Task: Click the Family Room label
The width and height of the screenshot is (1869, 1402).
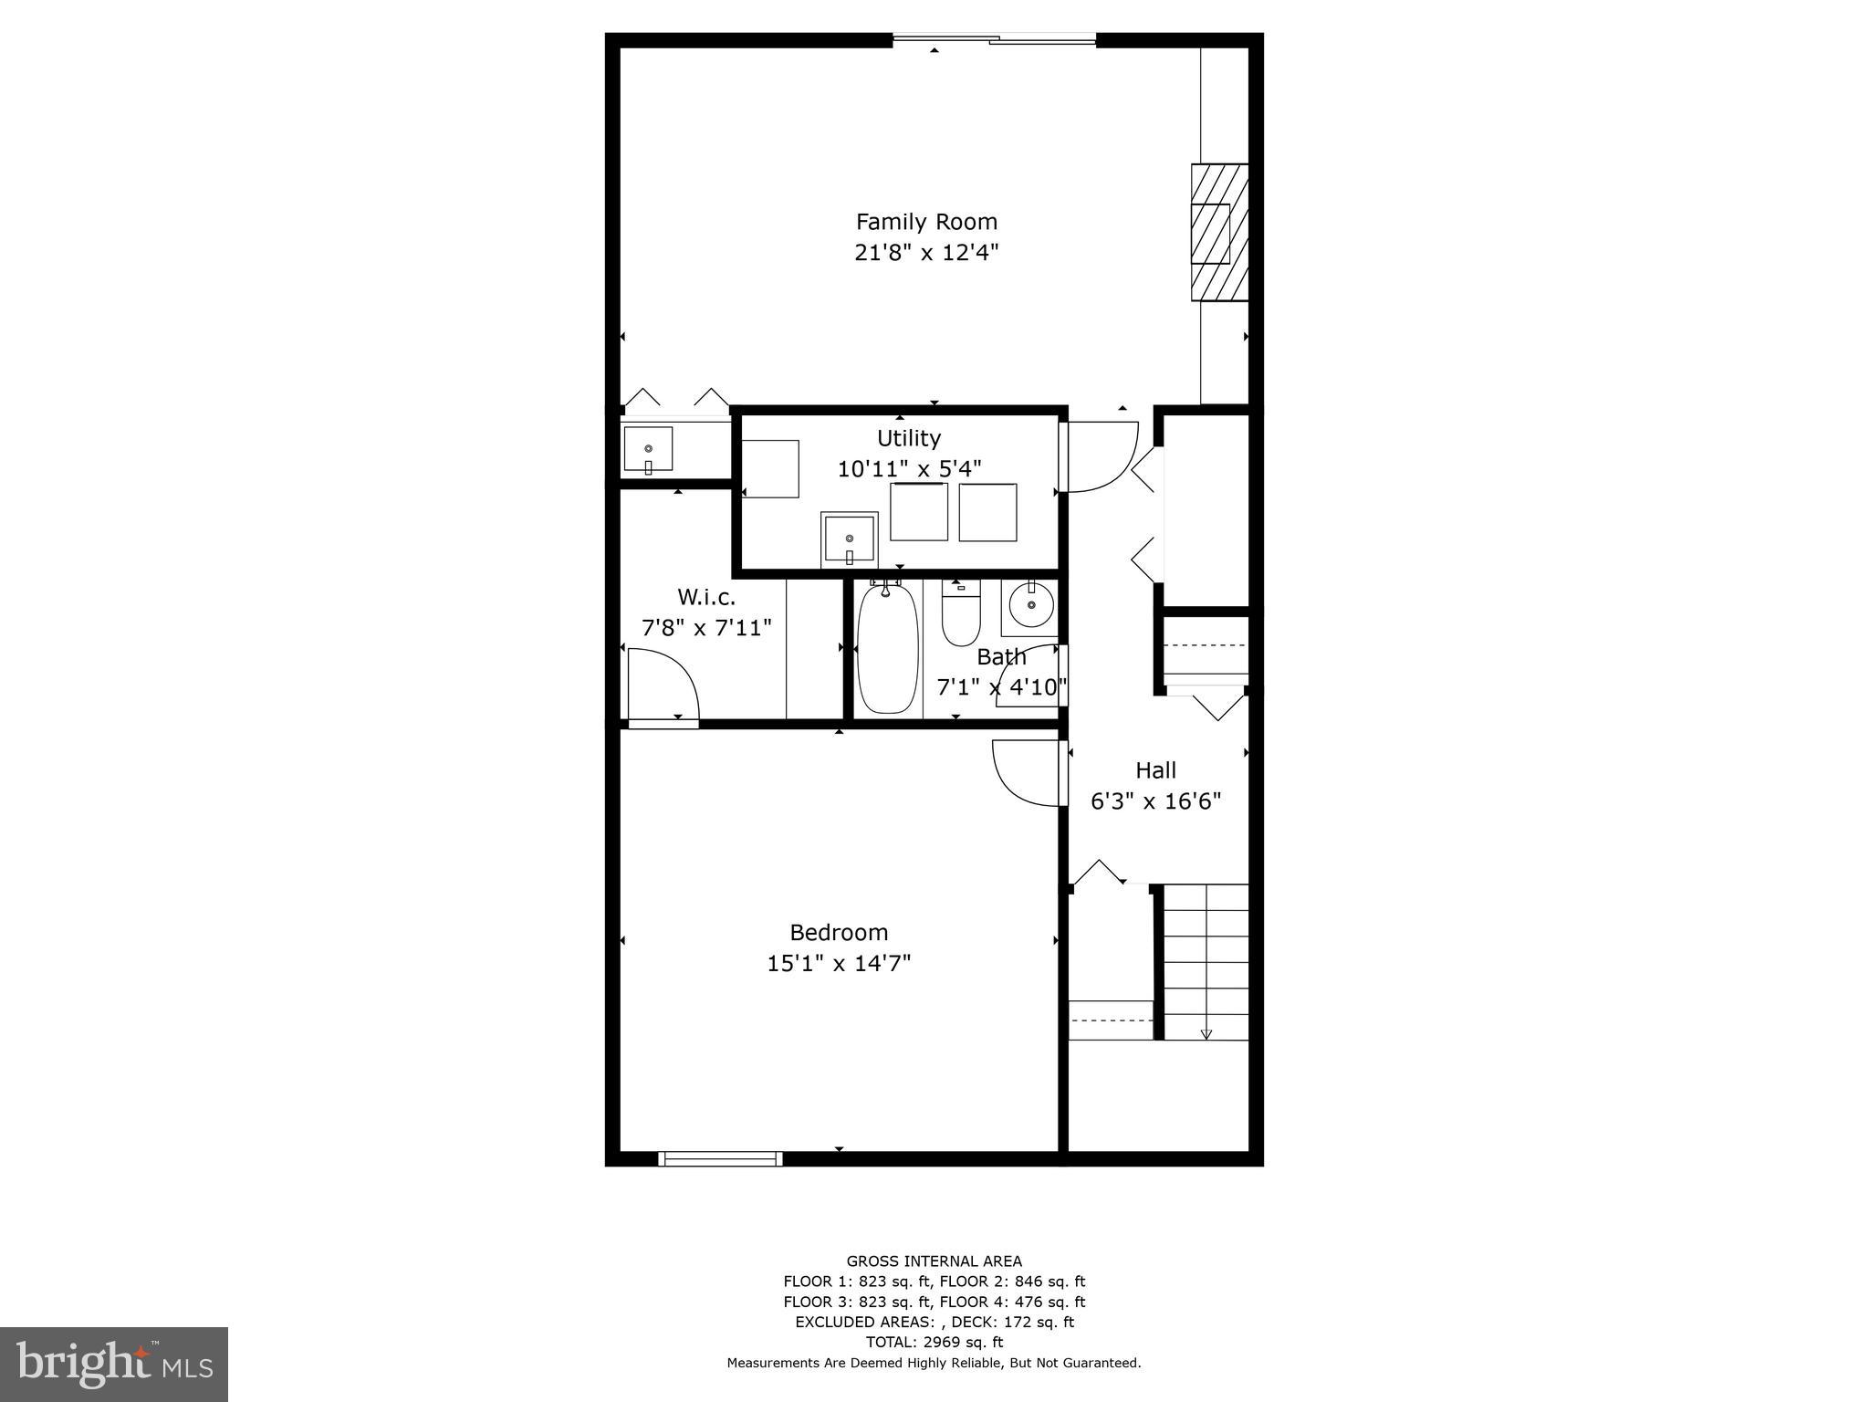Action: pyautogui.click(x=926, y=222)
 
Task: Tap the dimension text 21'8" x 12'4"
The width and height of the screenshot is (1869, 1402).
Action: pyautogui.click(x=926, y=253)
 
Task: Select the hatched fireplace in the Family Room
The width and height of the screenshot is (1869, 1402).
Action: pyautogui.click(x=1218, y=232)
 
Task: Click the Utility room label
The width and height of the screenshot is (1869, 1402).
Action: pyautogui.click(x=908, y=438)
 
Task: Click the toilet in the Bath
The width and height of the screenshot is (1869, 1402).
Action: pyautogui.click(x=960, y=613)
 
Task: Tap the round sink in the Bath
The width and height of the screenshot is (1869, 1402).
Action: pyautogui.click(x=1031, y=605)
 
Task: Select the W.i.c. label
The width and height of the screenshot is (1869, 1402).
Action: pyautogui.click(x=705, y=597)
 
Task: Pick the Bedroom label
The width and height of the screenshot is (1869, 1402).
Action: pyautogui.click(x=838, y=933)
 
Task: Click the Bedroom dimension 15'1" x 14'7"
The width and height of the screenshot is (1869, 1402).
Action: pyautogui.click(x=838, y=964)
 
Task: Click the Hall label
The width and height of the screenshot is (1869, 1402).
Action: pyautogui.click(x=1155, y=770)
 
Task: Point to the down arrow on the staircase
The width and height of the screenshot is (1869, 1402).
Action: pyautogui.click(x=1206, y=1033)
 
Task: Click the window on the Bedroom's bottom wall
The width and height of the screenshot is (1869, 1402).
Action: pyautogui.click(x=720, y=1158)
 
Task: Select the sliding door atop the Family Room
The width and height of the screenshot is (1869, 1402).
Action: pyautogui.click(x=994, y=39)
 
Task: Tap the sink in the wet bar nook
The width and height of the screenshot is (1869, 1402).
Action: pyautogui.click(x=648, y=449)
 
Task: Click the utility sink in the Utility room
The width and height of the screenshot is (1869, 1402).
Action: pyautogui.click(x=849, y=539)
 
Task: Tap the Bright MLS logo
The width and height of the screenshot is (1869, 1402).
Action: pyautogui.click(x=114, y=1364)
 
